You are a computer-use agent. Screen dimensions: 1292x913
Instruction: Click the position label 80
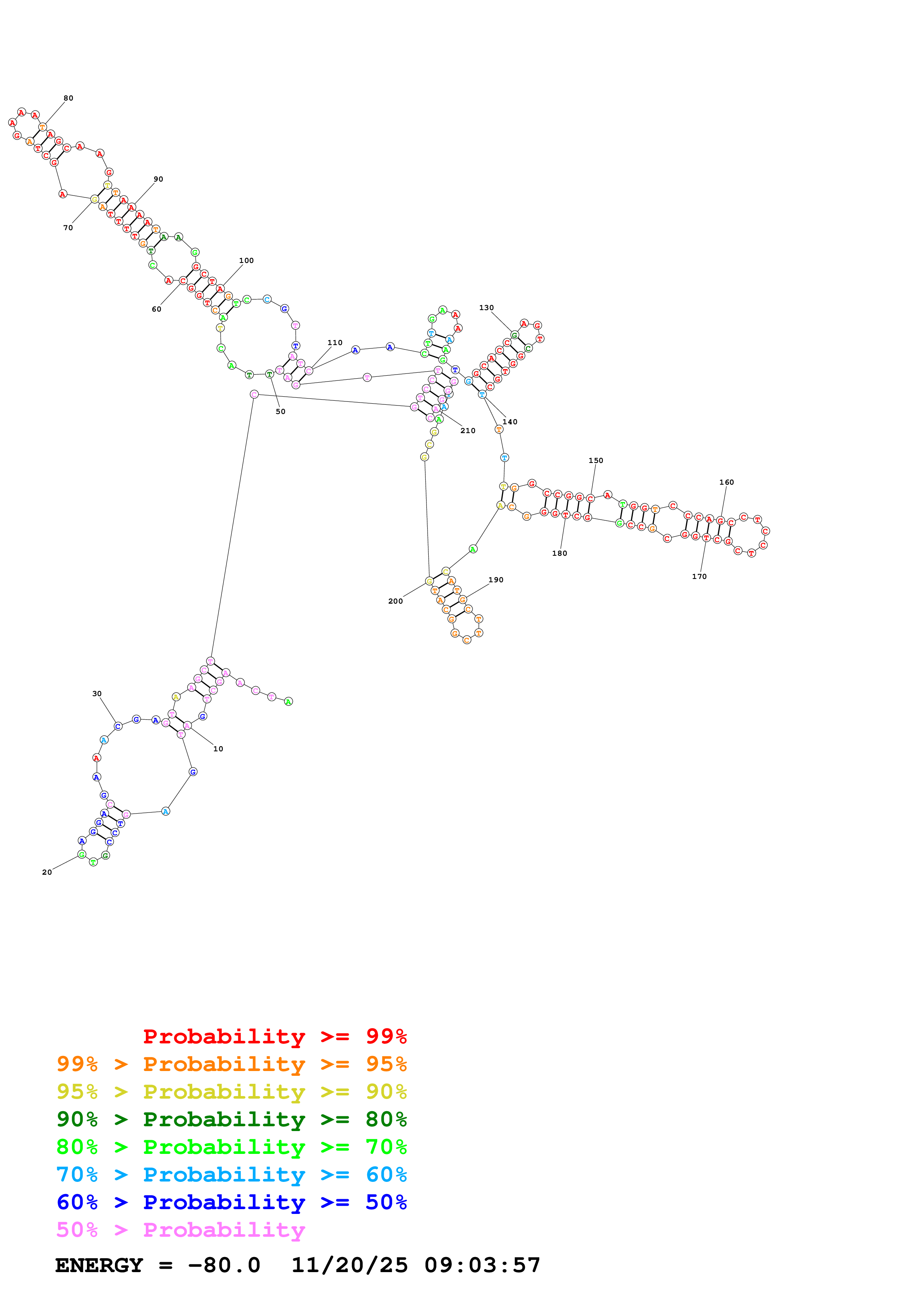coord(68,98)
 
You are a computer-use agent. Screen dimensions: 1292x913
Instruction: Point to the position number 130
coord(486,308)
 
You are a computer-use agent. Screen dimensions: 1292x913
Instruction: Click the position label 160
coord(726,482)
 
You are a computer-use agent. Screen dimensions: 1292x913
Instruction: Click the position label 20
coord(47,872)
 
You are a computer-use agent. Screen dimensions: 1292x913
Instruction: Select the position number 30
coord(97,694)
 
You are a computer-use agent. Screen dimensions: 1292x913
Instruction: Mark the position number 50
coord(280,411)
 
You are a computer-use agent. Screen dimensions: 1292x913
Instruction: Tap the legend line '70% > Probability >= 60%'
coord(231,1175)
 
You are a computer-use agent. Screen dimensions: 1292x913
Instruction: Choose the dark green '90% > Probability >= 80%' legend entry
coord(231,1119)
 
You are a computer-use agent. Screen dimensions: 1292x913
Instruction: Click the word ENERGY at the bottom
coord(99,1265)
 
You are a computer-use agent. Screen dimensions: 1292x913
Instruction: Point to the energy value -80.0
coord(224,1265)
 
